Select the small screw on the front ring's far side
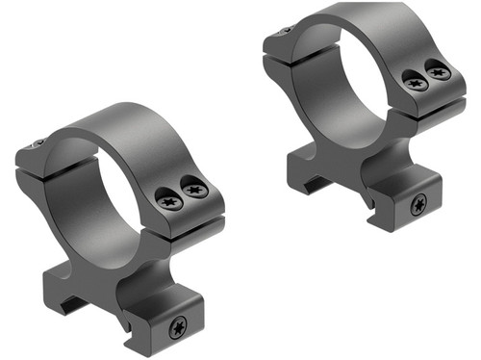click(x=38, y=144)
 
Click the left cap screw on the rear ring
click(x=415, y=83)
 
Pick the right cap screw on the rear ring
click(x=439, y=71)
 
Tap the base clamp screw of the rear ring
click(x=418, y=204)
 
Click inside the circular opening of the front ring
click(x=105, y=193)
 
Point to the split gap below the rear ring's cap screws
click(x=428, y=102)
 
